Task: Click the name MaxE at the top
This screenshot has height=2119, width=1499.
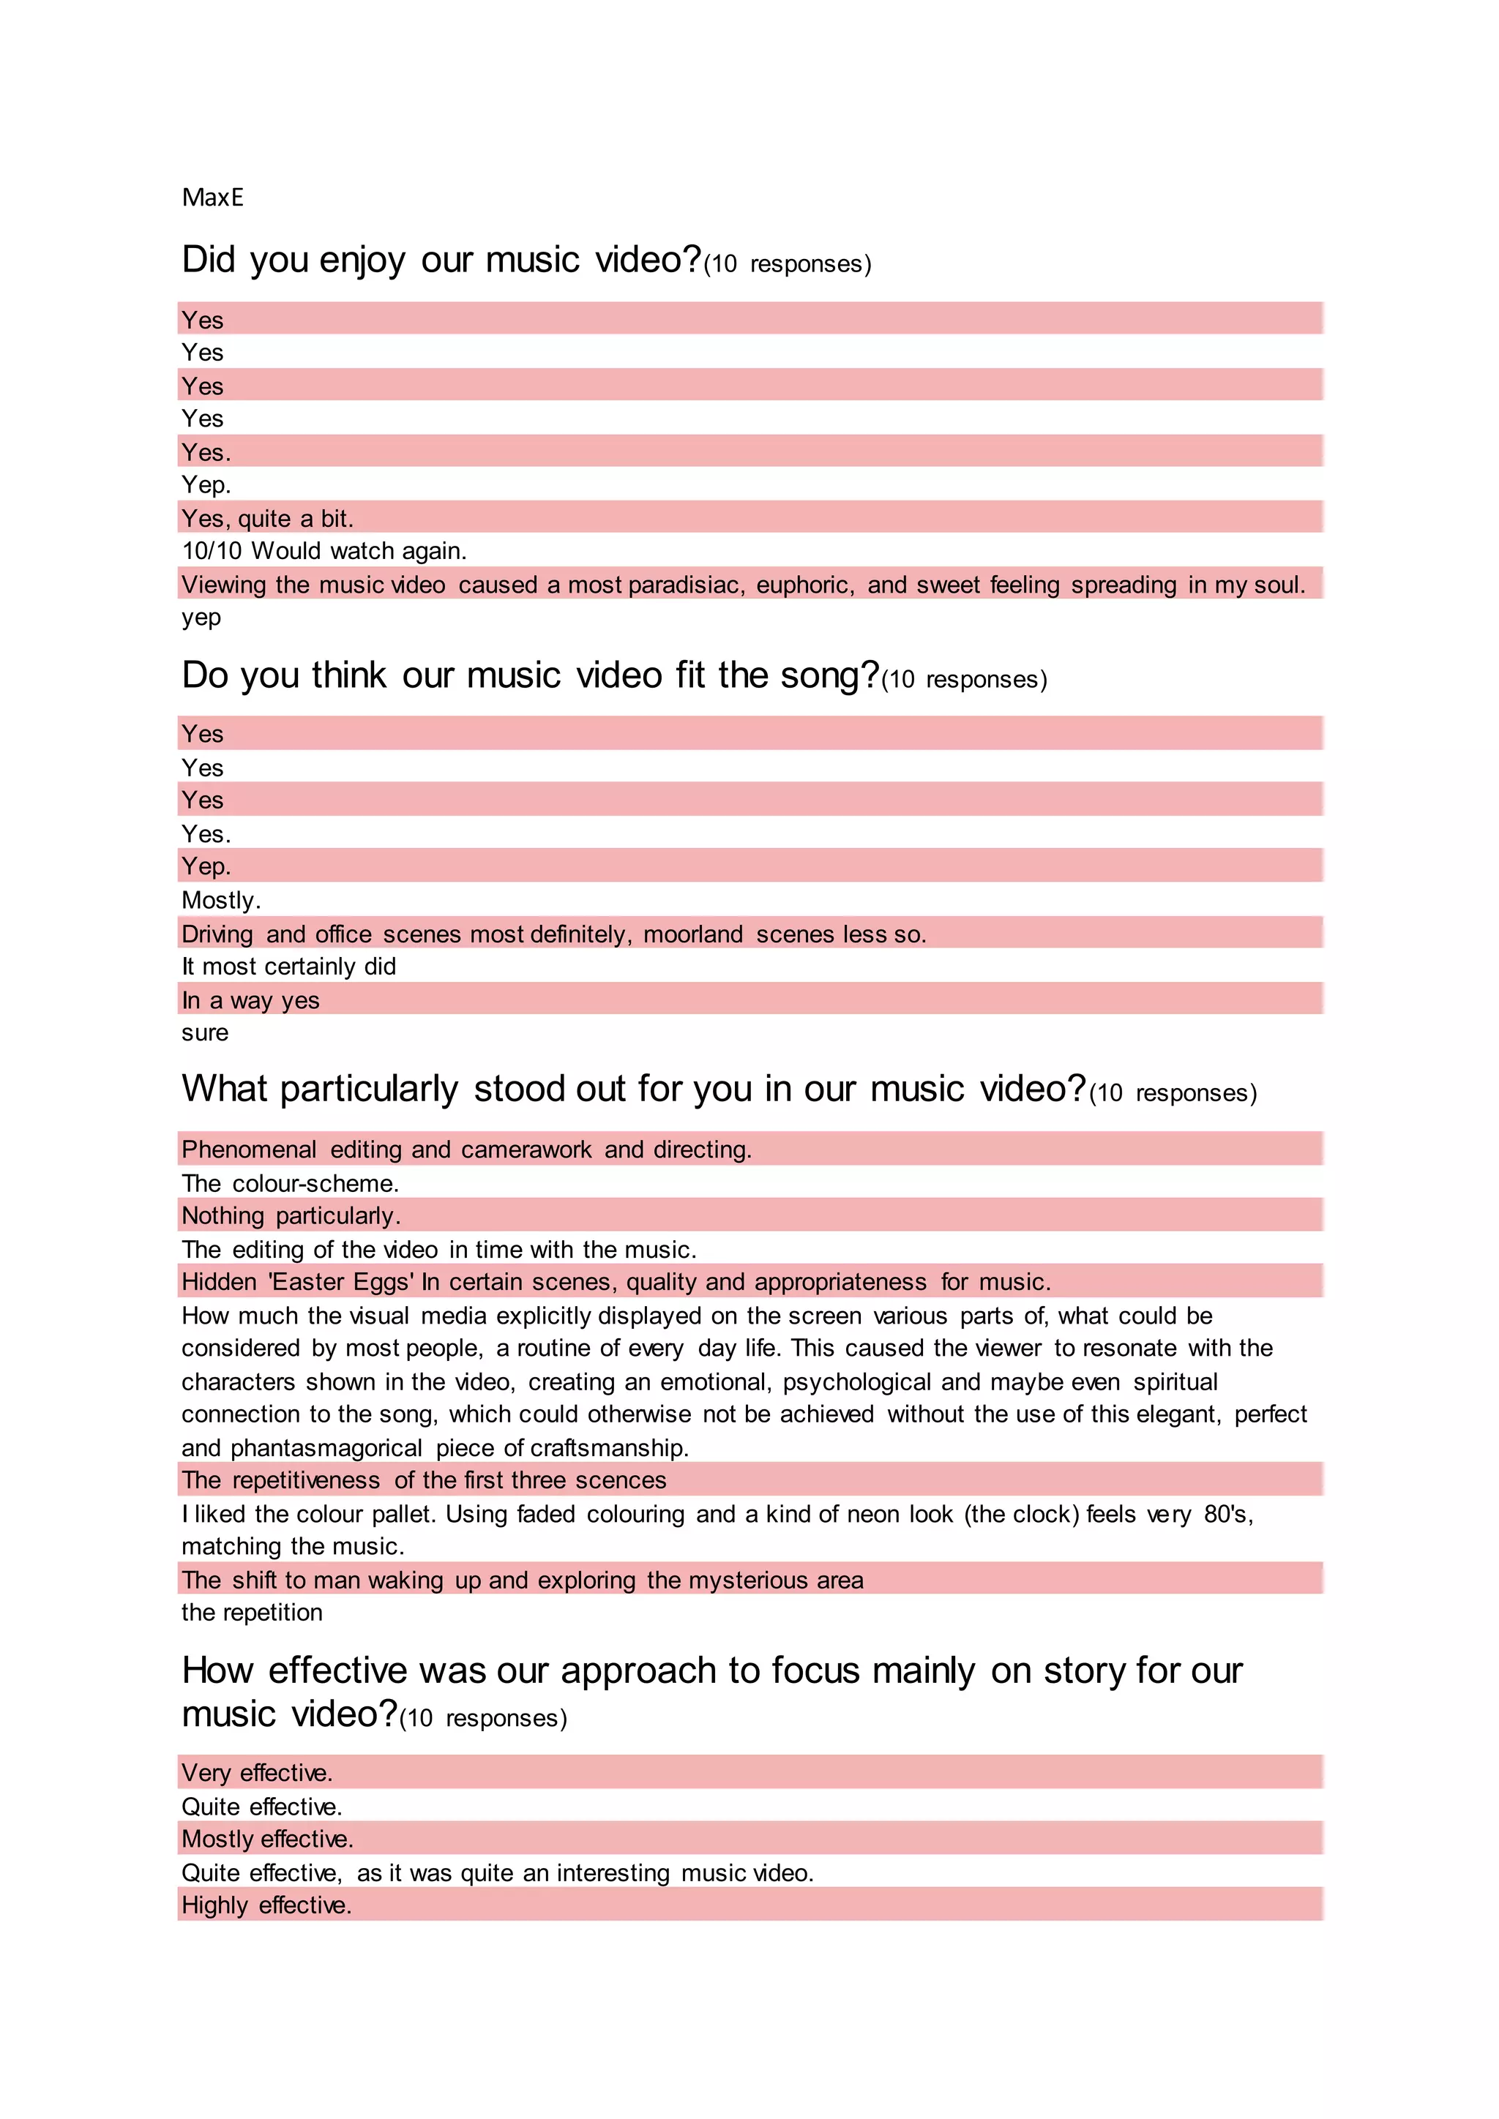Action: coord(212,198)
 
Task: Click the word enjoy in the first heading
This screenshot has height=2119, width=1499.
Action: coord(361,261)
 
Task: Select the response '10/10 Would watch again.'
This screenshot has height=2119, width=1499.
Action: coord(324,551)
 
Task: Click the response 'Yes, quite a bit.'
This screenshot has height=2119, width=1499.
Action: coord(268,518)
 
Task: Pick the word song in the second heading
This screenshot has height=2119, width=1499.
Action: coord(828,675)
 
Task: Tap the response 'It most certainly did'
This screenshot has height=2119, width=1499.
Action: coord(289,967)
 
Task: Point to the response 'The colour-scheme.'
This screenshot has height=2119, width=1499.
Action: coord(290,1183)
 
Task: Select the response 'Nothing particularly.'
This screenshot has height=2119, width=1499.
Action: coord(291,1215)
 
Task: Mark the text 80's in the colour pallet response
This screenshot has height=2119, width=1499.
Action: coord(1227,1515)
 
